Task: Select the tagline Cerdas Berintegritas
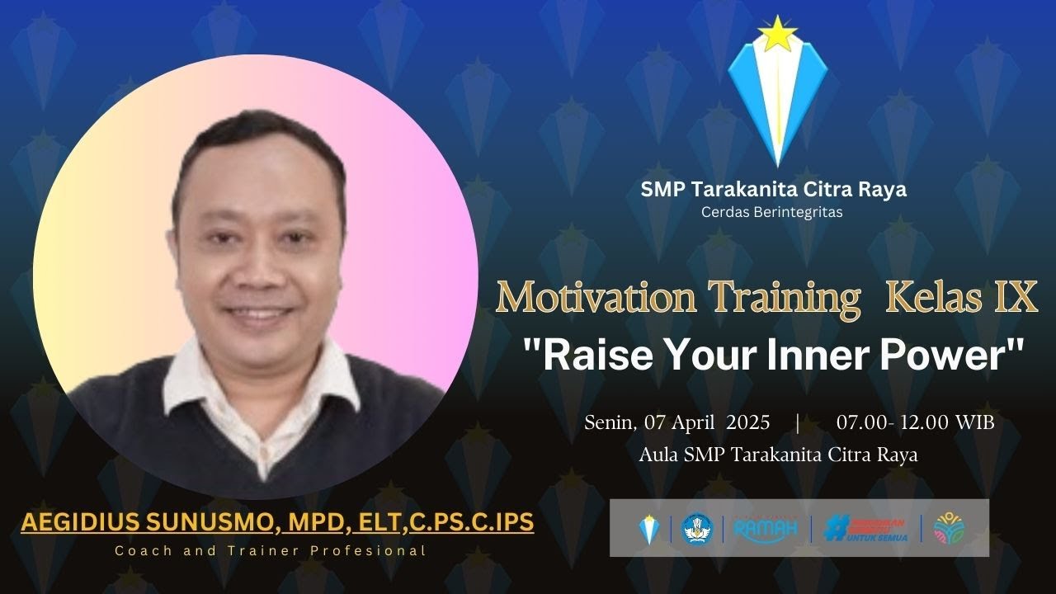click(x=772, y=212)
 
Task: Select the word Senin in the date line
click(x=610, y=422)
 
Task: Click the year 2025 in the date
click(x=748, y=422)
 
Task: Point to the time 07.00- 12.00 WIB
click(x=915, y=422)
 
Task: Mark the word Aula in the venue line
click(x=658, y=455)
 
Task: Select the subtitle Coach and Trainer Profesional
click(x=270, y=550)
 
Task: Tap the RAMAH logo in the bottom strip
click(x=766, y=528)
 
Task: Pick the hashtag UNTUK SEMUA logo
click(x=866, y=528)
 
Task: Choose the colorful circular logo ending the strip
click(x=950, y=528)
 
